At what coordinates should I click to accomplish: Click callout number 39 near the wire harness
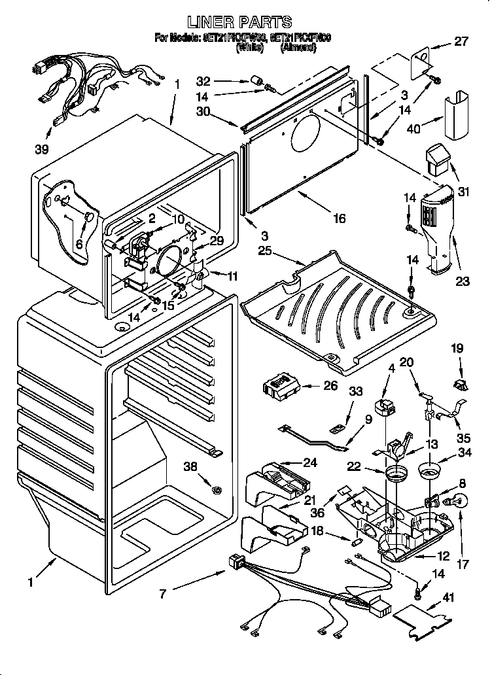click(42, 149)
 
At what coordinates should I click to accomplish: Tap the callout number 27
click(462, 43)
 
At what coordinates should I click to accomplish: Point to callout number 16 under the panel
click(340, 218)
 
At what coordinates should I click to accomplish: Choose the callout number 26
click(330, 385)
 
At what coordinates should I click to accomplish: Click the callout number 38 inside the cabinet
click(190, 466)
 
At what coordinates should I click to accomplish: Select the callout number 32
click(203, 82)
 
